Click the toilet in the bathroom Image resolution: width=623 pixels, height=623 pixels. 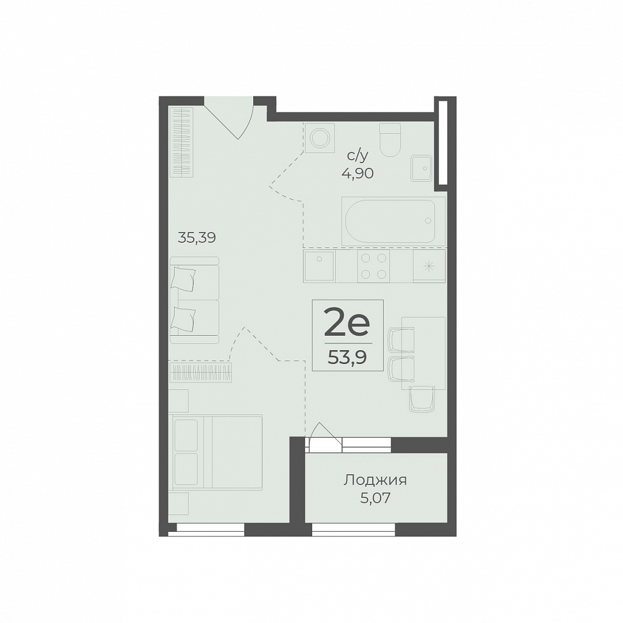click(389, 140)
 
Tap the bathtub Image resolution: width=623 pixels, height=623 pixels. click(389, 220)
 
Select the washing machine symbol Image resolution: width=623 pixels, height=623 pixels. click(320, 137)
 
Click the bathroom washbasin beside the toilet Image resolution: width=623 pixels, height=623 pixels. click(422, 168)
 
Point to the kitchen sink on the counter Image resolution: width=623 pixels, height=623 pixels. click(320, 265)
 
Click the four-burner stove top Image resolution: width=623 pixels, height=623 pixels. click(373, 265)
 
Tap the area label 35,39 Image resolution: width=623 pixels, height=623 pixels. click(197, 238)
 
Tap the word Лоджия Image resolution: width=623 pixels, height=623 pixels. click(375, 481)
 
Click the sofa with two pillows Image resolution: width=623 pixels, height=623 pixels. click(194, 300)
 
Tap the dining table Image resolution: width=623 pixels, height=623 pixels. click(423, 353)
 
